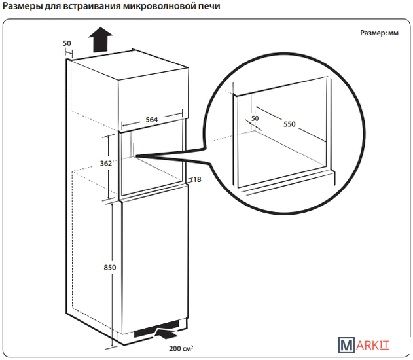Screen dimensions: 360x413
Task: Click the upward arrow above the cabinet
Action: (99, 41)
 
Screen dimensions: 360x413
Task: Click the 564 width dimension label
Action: (151, 120)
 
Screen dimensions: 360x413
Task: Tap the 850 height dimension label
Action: (109, 266)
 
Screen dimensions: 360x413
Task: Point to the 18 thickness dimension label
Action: (196, 179)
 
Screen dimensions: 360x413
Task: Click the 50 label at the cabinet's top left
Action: (67, 43)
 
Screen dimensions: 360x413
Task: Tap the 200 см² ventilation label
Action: (181, 348)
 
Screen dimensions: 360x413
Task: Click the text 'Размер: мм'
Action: (379, 33)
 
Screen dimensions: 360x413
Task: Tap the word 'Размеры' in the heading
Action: (22, 7)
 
